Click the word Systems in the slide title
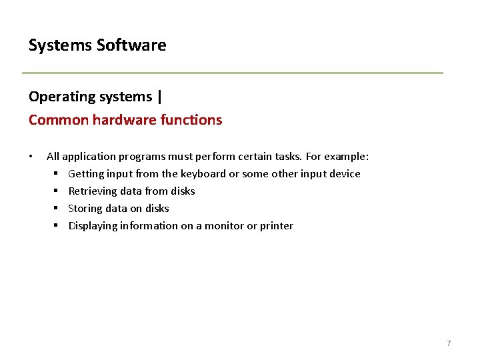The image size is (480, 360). pos(60,45)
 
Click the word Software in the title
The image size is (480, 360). pos(131,45)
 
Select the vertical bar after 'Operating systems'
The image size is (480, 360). pos(159,97)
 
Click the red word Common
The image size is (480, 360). pos(59,120)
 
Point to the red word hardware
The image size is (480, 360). pos(125,119)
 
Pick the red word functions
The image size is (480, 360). pos(191,119)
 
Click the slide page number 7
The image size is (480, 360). pos(449,343)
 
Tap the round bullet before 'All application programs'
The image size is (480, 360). pos(31,157)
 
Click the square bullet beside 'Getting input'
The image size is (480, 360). pos(56,173)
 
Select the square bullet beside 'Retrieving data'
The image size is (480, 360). pos(56,191)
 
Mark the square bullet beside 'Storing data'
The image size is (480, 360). pos(56,208)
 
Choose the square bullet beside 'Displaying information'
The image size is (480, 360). pos(56,225)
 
